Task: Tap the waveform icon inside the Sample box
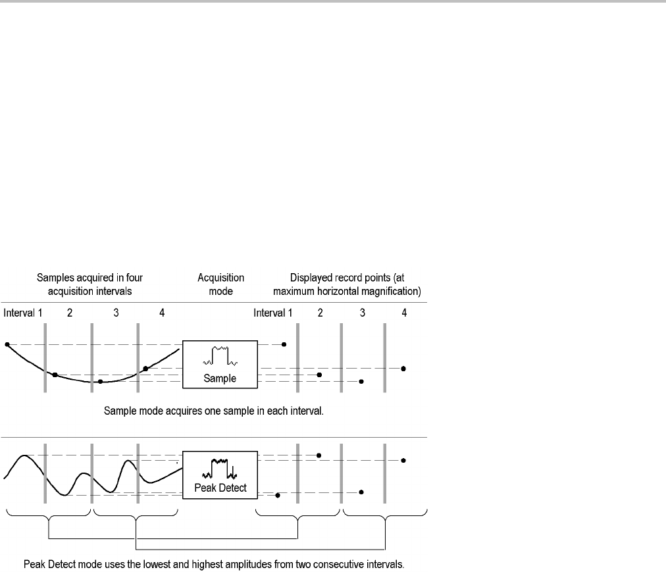pos(219,356)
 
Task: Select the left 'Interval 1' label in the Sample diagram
pos(23,313)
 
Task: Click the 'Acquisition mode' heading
pos(221,284)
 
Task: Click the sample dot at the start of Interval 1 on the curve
pos(7,344)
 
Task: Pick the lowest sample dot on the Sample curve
pos(100,382)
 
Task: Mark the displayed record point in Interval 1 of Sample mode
pos(284,344)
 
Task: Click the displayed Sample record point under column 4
pos(403,369)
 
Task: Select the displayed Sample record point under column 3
pos(361,381)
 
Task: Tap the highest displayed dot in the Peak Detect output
pos(319,455)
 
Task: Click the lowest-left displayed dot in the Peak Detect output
pos(278,495)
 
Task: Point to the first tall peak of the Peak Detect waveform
pos(25,455)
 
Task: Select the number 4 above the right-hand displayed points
pos(403,313)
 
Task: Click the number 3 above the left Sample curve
pos(115,313)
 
